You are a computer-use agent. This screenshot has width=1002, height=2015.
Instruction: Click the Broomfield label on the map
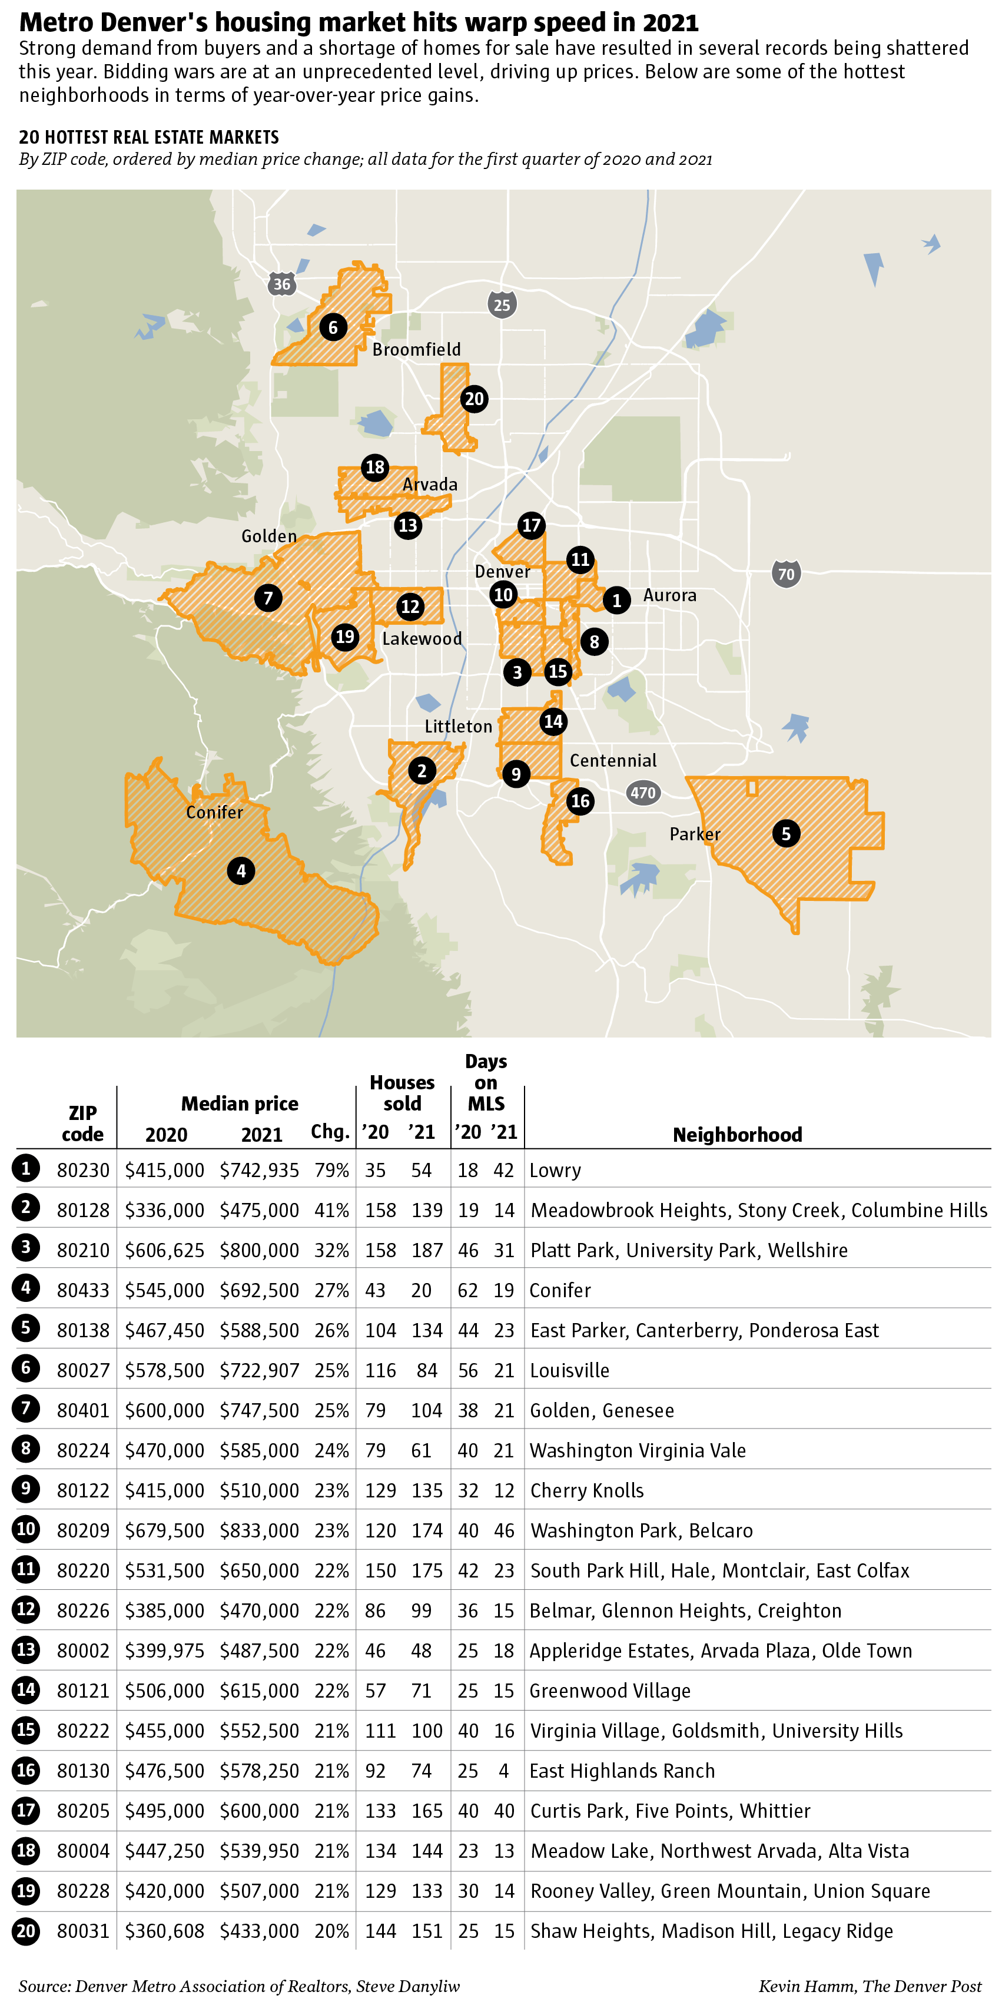tap(416, 350)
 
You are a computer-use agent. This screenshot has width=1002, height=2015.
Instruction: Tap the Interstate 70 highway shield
tap(785, 574)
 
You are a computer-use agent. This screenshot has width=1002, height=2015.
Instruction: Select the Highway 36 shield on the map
tap(281, 284)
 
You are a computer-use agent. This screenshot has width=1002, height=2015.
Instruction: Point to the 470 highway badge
tap(643, 793)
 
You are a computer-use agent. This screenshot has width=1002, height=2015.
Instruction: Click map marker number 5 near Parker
tap(785, 833)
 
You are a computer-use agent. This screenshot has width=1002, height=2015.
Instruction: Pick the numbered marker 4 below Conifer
tap(241, 871)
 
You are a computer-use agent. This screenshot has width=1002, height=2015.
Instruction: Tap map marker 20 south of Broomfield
tap(474, 399)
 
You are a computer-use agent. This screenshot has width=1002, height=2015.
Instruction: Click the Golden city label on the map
tap(268, 536)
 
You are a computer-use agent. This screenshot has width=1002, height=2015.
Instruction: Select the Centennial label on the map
tap(612, 760)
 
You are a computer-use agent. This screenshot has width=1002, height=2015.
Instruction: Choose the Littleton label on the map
tap(459, 727)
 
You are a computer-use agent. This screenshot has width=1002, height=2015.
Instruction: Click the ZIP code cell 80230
tap(83, 1170)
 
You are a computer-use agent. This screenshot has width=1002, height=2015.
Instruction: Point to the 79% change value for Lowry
tap(331, 1170)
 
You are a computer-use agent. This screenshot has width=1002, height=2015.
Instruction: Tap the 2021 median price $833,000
tap(259, 1531)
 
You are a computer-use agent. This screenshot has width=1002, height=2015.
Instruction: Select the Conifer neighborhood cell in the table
tap(560, 1291)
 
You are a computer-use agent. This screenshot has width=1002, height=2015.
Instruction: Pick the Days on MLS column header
tap(486, 1083)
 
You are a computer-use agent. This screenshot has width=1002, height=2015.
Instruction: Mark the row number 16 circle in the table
tap(26, 1770)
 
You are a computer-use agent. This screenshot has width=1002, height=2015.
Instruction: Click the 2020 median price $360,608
tap(164, 1931)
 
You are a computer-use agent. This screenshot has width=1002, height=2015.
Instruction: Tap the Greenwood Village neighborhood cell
tap(610, 1691)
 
